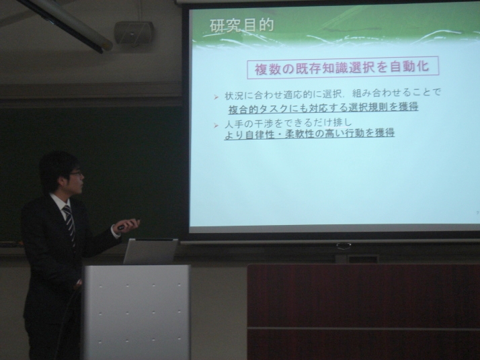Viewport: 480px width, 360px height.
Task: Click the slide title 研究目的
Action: (x=241, y=26)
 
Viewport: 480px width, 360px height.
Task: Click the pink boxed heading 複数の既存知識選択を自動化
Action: (x=343, y=68)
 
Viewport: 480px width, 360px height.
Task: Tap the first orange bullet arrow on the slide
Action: (x=216, y=97)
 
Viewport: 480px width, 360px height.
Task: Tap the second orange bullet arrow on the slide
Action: (x=216, y=126)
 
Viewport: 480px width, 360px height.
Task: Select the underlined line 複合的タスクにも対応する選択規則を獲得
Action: (x=323, y=107)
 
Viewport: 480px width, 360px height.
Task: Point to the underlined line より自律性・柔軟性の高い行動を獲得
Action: (x=309, y=134)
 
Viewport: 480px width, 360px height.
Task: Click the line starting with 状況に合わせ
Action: (x=333, y=93)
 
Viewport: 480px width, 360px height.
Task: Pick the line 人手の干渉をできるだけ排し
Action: (x=288, y=123)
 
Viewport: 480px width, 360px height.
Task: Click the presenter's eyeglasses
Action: (x=76, y=174)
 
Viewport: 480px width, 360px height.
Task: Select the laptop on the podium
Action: (x=150, y=251)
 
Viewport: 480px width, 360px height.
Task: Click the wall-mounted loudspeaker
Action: (x=134, y=32)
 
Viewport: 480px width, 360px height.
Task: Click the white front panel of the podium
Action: (x=136, y=312)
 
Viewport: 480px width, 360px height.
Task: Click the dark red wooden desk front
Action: (x=364, y=312)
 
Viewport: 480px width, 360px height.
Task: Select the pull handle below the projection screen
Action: (x=344, y=245)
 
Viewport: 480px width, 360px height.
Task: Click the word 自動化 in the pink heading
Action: (x=409, y=67)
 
